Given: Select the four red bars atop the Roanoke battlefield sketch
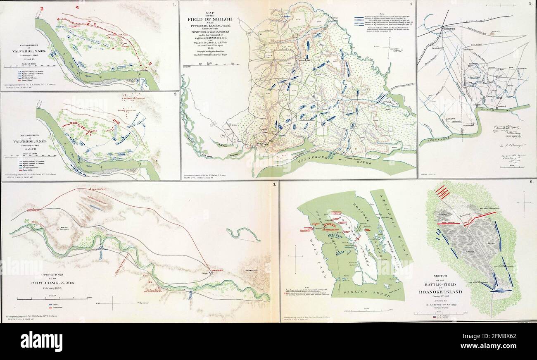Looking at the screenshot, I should point(442,192).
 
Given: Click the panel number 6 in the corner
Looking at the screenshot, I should point(531,182).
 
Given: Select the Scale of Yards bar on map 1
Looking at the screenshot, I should point(19,66).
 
